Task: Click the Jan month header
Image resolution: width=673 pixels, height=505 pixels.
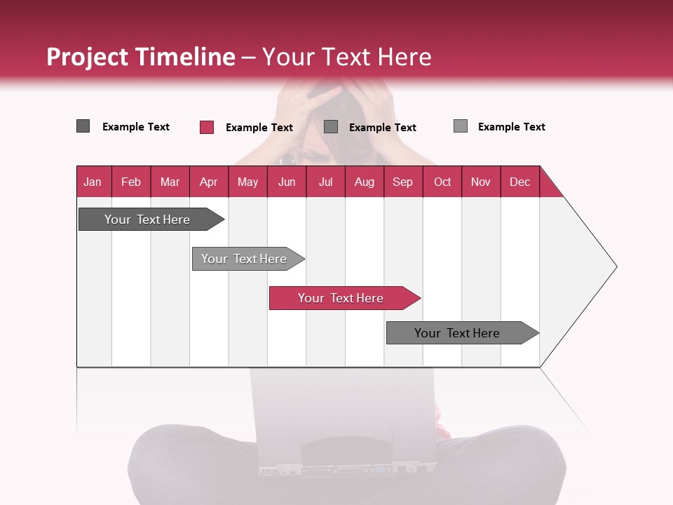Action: coord(93,182)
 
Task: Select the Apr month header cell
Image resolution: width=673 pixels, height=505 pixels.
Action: coord(208,182)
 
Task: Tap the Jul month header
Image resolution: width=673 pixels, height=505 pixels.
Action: coord(325,182)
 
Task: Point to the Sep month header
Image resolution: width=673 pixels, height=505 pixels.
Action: coord(402,182)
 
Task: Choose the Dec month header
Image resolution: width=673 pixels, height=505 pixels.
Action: coord(519,182)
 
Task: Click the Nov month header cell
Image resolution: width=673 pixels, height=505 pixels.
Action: coord(480,182)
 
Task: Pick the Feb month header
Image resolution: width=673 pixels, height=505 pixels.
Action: coord(131,182)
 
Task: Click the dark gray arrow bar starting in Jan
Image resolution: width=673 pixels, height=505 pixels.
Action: coord(147,220)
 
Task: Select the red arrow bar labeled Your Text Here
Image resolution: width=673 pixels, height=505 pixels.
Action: coord(341,298)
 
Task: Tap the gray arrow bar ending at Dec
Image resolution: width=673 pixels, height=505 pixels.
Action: coord(457,333)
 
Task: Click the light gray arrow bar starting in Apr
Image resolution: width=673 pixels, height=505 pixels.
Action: coord(244,259)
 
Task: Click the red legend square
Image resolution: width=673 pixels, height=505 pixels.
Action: coord(206,127)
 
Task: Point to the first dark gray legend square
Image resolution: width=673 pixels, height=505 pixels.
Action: coord(83,126)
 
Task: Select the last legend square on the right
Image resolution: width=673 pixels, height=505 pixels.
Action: coord(460,126)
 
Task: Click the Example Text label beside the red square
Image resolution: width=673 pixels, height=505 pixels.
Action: coord(259,128)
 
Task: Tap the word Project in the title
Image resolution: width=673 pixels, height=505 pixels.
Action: coord(87,57)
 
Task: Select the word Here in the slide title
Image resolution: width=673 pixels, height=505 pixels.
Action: coord(405,57)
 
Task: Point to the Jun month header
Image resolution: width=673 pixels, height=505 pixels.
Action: coord(287,182)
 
